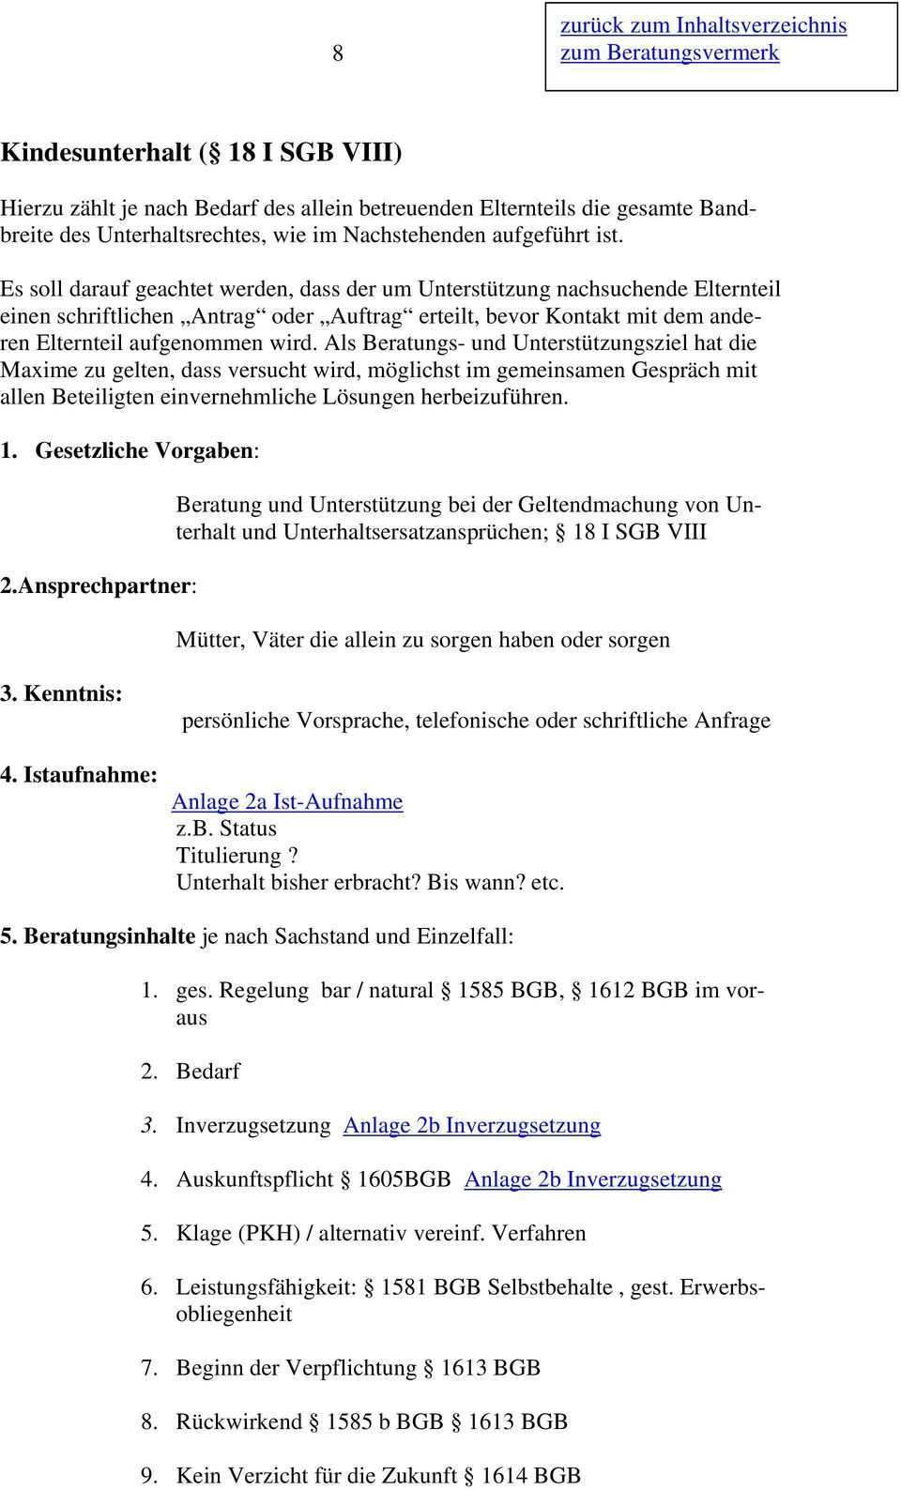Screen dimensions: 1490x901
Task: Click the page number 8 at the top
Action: [x=338, y=53]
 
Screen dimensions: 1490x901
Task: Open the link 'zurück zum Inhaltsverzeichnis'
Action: [x=703, y=25]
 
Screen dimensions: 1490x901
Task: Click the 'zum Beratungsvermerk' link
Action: [x=669, y=53]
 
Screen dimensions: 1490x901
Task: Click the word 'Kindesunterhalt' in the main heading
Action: [x=97, y=152]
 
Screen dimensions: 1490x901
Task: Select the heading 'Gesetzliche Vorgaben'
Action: [x=145, y=451]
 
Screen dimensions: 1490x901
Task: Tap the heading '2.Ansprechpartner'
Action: [x=98, y=586]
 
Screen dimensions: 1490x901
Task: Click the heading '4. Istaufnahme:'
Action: [x=79, y=775]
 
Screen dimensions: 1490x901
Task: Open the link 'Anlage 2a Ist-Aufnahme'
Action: [x=287, y=802]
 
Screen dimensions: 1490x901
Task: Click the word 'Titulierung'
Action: [x=230, y=856]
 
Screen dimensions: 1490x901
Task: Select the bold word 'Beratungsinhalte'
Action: [x=110, y=936]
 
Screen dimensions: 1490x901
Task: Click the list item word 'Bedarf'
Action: [x=208, y=1072]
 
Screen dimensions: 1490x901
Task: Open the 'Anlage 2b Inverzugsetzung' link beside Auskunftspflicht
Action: [x=593, y=1179]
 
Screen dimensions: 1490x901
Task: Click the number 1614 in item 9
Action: [x=505, y=1476]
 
